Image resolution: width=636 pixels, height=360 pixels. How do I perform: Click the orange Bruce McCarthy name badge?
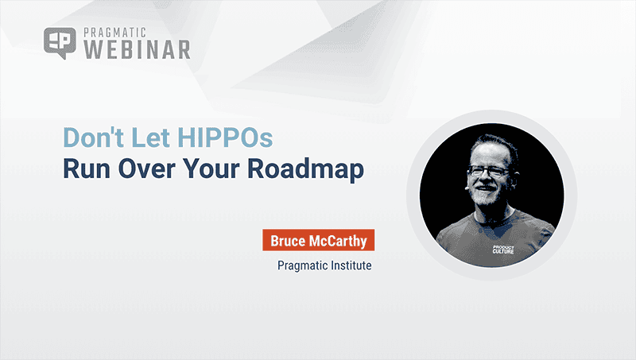(x=317, y=240)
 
